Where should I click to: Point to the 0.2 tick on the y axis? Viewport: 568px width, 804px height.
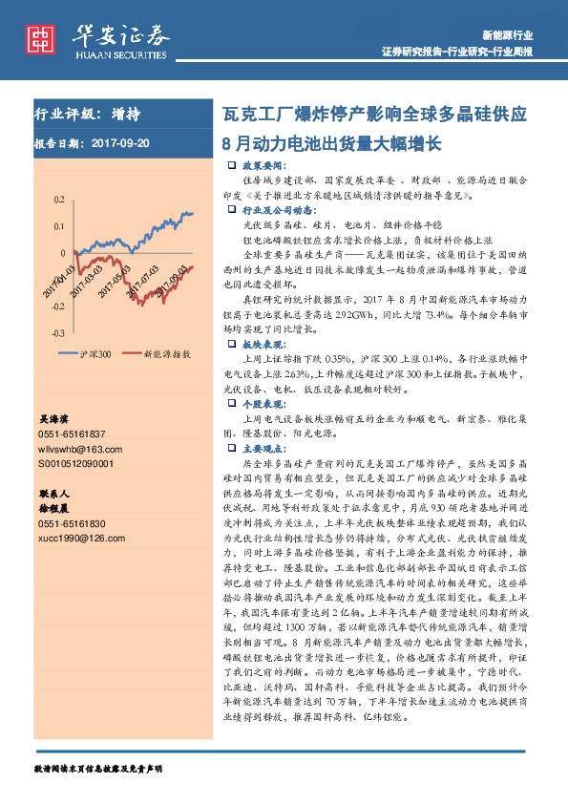(59, 200)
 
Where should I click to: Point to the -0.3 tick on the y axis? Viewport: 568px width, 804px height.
(57, 332)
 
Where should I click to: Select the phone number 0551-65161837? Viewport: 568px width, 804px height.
(72, 434)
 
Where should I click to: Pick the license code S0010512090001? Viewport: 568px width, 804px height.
(75, 462)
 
